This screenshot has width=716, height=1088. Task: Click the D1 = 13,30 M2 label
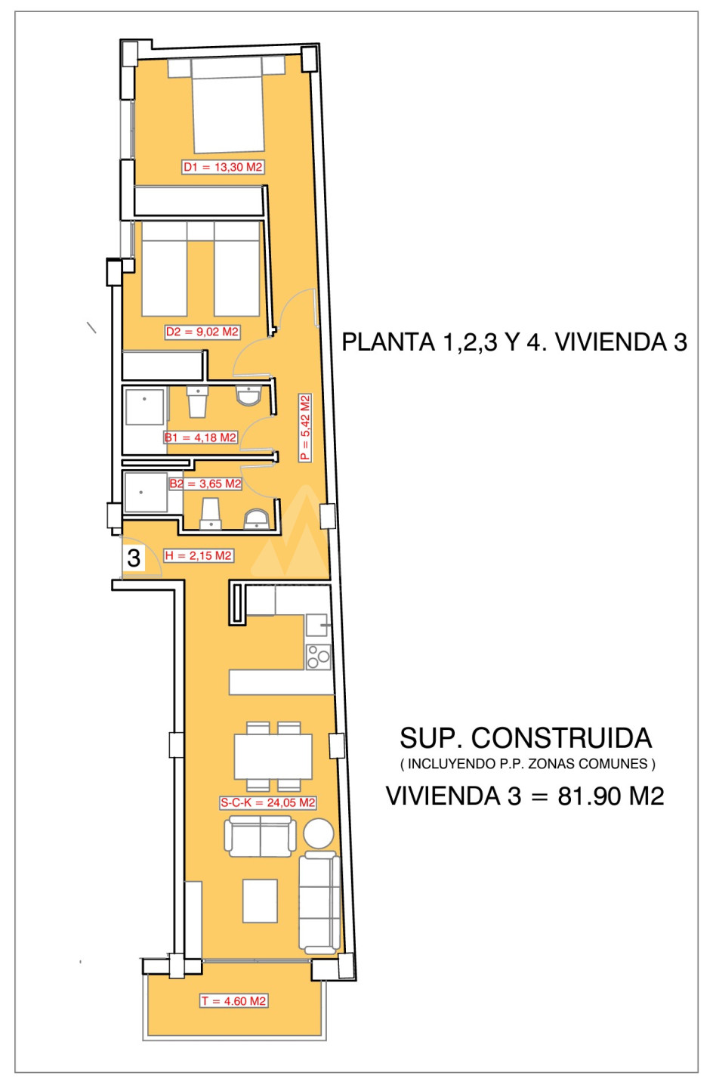(223, 167)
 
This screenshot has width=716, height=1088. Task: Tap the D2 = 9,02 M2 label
(202, 332)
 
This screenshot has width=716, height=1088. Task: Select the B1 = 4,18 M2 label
(200, 437)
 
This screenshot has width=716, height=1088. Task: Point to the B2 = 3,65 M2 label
(205, 484)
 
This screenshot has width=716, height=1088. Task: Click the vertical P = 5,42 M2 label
(305, 428)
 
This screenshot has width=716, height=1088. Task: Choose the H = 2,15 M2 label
(199, 555)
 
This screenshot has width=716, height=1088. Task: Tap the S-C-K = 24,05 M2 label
(268, 803)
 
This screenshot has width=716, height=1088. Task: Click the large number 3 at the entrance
(134, 558)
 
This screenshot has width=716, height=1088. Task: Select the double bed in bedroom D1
(227, 106)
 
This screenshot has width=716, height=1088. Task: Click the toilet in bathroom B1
(198, 401)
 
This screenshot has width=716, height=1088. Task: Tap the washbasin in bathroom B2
(256, 519)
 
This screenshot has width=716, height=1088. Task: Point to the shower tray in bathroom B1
(145, 407)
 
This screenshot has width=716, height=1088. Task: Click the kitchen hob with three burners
(319, 657)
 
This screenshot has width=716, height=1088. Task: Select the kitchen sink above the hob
(317, 625)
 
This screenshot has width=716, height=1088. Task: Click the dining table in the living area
(273, 757)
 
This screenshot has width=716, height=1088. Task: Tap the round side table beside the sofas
(319, 833)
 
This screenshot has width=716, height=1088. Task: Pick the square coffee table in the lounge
(260, 901)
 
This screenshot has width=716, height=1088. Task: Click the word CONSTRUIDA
(562, 738)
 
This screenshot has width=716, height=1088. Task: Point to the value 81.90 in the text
(590, 796)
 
